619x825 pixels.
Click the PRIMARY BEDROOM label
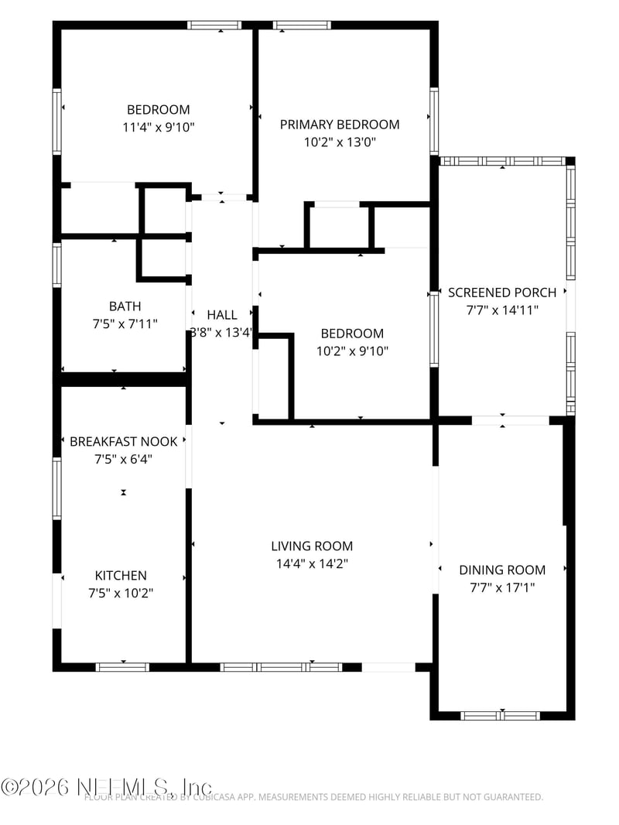[x=340, y=125]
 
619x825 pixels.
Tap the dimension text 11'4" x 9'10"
[x=159, y=127]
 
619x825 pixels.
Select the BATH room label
[x=125, y=306]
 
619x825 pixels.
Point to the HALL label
[x=222, y=315]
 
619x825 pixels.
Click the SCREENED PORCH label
[x=502, y=293]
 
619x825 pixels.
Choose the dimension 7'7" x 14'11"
[x=502, y=310]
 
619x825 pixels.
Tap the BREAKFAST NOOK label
[x=124, y=441]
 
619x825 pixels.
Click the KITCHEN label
[x=121, y=576]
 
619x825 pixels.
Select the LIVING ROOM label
[x=312, y=546]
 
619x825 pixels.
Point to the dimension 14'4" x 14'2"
[x=312, y=564]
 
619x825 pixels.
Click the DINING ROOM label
[x=502, y=570]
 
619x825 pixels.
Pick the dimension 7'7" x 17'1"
[x=502, y=587]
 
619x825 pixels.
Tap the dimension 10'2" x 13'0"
[x=340, y=142]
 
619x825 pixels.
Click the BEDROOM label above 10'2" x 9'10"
[x=352, y=334]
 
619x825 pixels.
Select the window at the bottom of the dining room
[x=501, y=715]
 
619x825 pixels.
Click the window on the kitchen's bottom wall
[x=122, y=666]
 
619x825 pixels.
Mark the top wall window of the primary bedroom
[x=302, y=25]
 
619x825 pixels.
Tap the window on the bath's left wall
[x=56, y=265]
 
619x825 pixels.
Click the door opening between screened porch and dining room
[x=510, y=420]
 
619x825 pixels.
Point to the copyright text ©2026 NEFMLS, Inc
[x=106, y=786]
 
